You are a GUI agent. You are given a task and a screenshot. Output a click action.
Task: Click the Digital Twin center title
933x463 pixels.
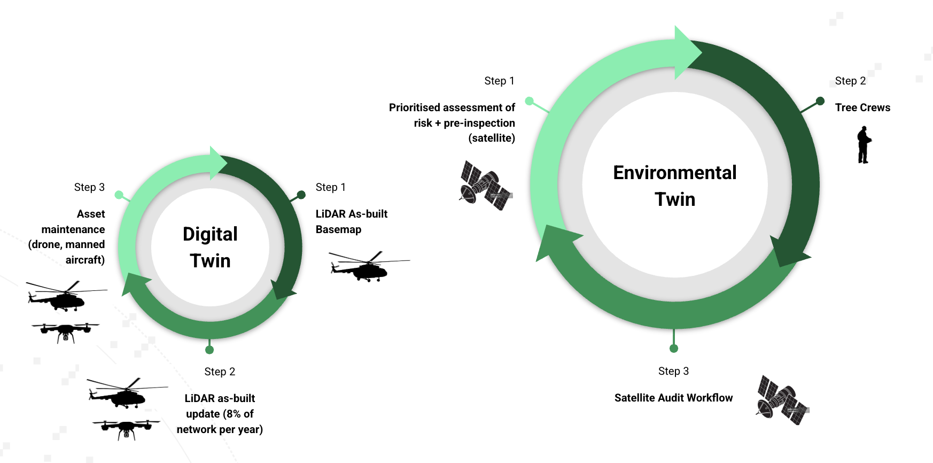[210, 247]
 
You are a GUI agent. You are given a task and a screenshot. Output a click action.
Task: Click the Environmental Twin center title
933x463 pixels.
[674, 186]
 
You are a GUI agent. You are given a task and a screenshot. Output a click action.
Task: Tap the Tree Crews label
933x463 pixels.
[862, 107]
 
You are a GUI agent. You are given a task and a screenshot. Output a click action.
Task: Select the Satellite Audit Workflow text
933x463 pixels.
[673, 398]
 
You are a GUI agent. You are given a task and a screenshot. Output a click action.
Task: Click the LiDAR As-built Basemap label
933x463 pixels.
[351, 221]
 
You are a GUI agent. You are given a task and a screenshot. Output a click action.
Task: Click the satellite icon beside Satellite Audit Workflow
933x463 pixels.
[782, 400]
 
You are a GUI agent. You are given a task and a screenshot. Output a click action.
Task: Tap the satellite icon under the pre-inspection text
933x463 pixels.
[485, 186]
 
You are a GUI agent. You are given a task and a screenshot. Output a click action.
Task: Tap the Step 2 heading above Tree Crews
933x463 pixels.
[850, 81]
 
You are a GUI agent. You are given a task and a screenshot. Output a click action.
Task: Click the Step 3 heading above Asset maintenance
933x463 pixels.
[89, 187]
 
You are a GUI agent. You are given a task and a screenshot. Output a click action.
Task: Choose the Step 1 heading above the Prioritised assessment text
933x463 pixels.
[499, 81]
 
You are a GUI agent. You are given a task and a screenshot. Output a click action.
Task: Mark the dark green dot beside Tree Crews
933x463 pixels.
[820, 101]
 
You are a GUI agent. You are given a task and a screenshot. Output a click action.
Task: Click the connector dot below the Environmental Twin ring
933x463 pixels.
[674, 349]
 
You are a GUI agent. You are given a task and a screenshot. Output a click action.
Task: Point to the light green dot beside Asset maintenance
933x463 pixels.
[119, 195]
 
